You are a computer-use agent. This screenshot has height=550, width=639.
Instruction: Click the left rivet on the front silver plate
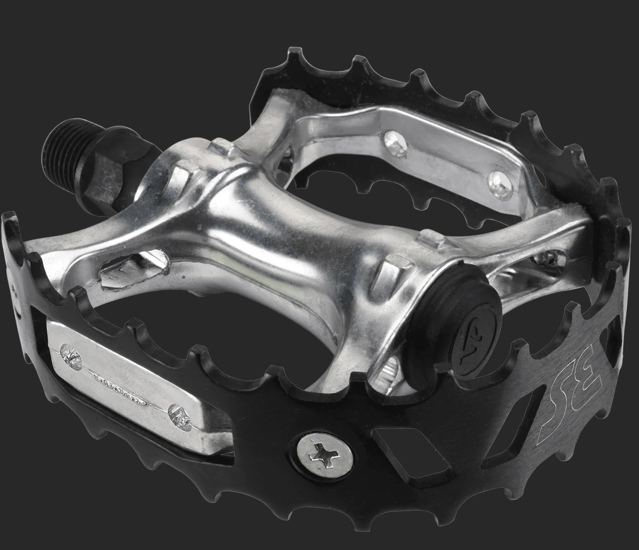click(x=71, y=354)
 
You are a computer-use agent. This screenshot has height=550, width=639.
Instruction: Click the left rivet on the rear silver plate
click(x=394, y=142)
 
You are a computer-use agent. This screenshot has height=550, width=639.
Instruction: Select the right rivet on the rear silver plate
click(x=500, y=184)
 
